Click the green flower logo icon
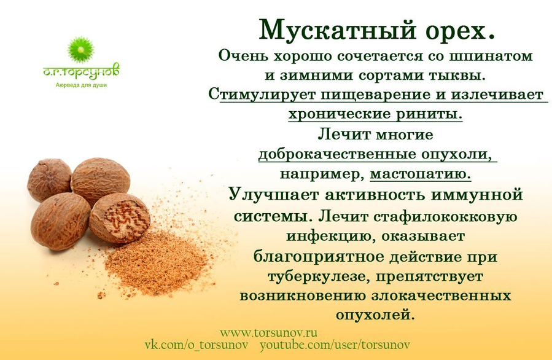[81, 50]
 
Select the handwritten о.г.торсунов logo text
[81, 71]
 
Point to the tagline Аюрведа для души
[81, 85]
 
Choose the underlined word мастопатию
[421, 174]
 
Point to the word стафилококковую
[445, 216]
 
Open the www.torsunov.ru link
[268, 332]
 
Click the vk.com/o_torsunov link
[196, 345]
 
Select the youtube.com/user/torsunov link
[335, 345]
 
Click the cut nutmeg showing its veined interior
[120, 217]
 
